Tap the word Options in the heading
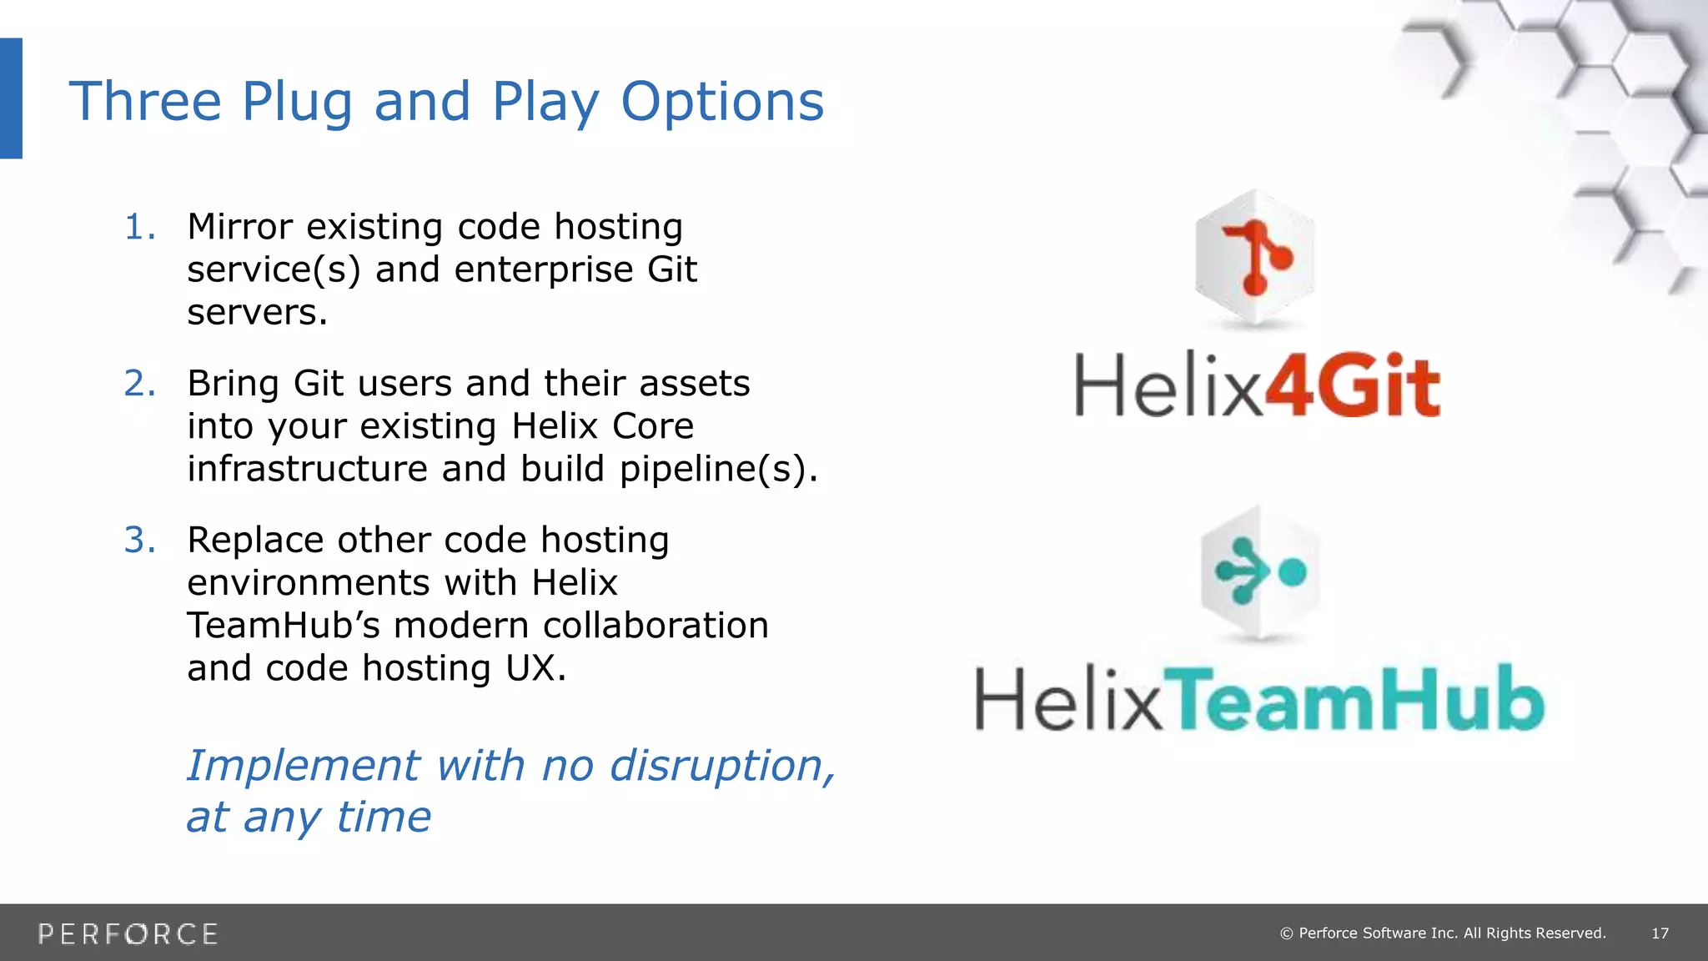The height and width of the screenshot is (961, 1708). (x=722, y=102)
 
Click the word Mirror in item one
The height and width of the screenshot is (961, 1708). (x=240, y=227)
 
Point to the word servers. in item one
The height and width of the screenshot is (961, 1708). (x=257, y=313)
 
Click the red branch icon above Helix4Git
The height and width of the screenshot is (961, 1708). (x=1255, y=259)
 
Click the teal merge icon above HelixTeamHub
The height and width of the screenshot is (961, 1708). (x=1260, y=572)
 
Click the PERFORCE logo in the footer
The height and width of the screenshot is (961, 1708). (x=128, y=933)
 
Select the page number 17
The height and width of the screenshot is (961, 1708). (x=1660, y=933)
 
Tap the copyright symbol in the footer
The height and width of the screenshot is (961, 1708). (x=1286, y=933)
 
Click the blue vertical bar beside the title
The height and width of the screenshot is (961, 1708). (x=11, y=98)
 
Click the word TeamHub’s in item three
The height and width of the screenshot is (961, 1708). (x=284, y=626)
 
